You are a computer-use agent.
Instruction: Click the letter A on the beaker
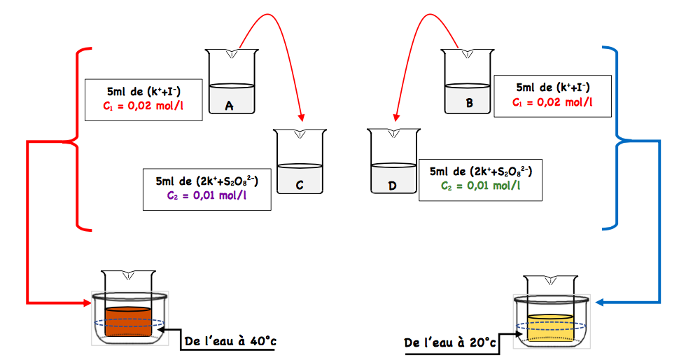(x=230, y=106)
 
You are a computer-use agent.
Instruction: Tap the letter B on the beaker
(x=469, y=103)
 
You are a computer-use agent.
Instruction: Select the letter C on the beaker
(x=299, y=185)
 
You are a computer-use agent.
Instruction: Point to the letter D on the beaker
(x=393, y=185)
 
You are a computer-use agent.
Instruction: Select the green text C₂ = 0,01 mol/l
(x=480, y=186)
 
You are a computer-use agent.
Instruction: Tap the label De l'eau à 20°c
(x=450, y=342)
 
